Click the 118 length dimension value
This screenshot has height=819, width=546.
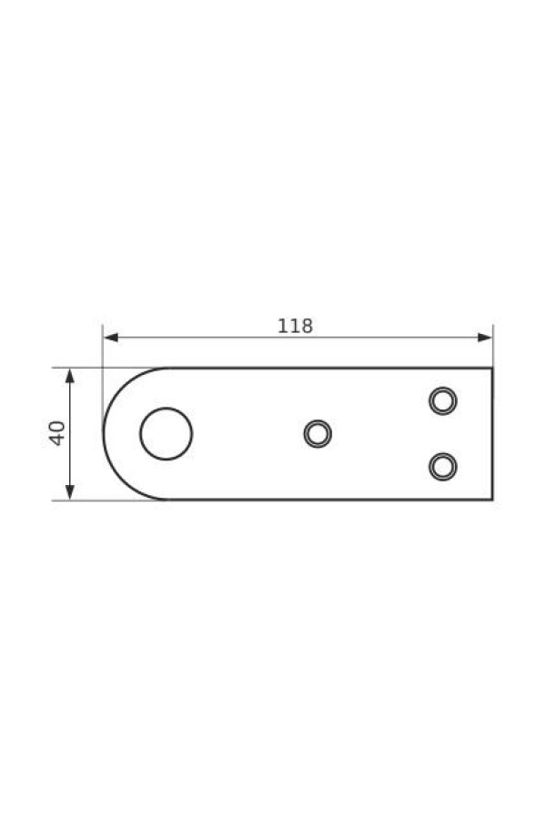(295, 326)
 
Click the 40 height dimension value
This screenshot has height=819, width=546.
(57, 433)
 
